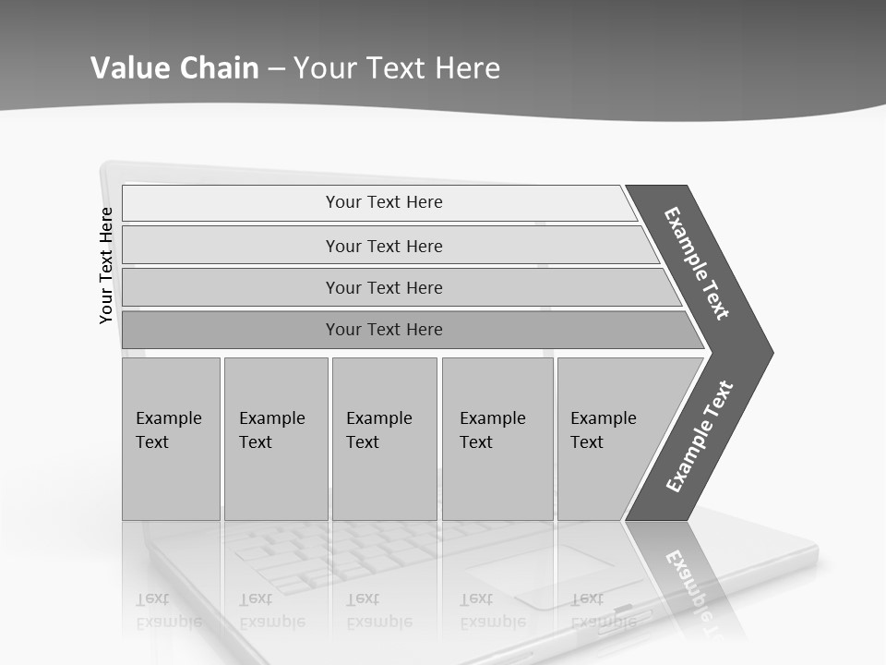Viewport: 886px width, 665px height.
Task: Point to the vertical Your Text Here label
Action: click(x=107, y=266)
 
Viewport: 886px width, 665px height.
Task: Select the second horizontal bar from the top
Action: click(x=384, y=246)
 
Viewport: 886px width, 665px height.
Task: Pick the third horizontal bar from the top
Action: click(x=384, y=287)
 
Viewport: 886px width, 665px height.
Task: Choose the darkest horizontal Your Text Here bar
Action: click(x=384, y=330)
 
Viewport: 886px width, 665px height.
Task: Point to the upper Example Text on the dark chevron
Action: click(x=697, y=263)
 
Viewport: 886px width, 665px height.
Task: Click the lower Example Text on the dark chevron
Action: click(x=699, y=437)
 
